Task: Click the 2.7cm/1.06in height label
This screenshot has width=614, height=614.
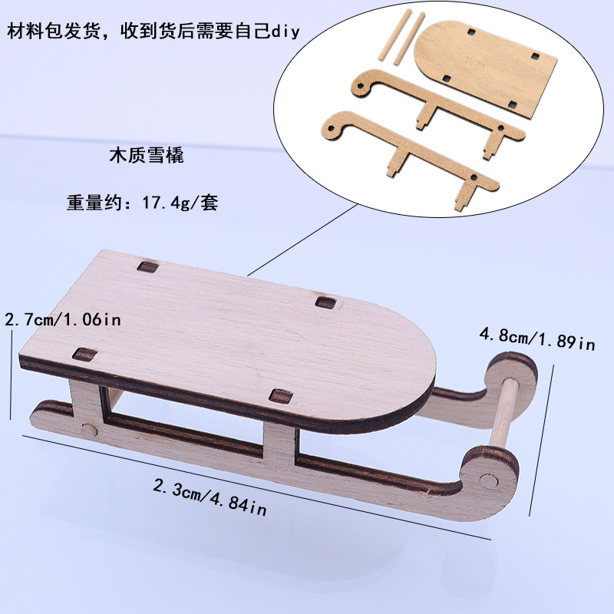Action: [x=63, y=319]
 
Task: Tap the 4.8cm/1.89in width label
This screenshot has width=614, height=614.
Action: [x=537, y=339]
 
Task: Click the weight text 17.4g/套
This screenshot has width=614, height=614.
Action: [x=180, y=203]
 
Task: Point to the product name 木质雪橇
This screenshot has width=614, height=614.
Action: [x=147, y=156]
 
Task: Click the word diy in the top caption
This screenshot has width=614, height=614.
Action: [x=286, y=31]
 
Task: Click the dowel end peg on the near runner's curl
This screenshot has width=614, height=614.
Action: [x=489, y=481]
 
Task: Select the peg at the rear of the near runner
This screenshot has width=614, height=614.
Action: [x=89, y=431]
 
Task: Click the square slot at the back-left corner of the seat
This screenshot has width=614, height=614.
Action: [x=148, y=267]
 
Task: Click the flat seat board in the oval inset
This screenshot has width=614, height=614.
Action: [x=486, y=68]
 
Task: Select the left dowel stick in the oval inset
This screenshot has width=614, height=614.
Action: [x=395, y=35]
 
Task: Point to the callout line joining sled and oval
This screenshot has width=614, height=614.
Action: [x=302, y=239]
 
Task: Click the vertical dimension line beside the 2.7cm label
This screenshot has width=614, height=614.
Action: [x=12, y=375]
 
